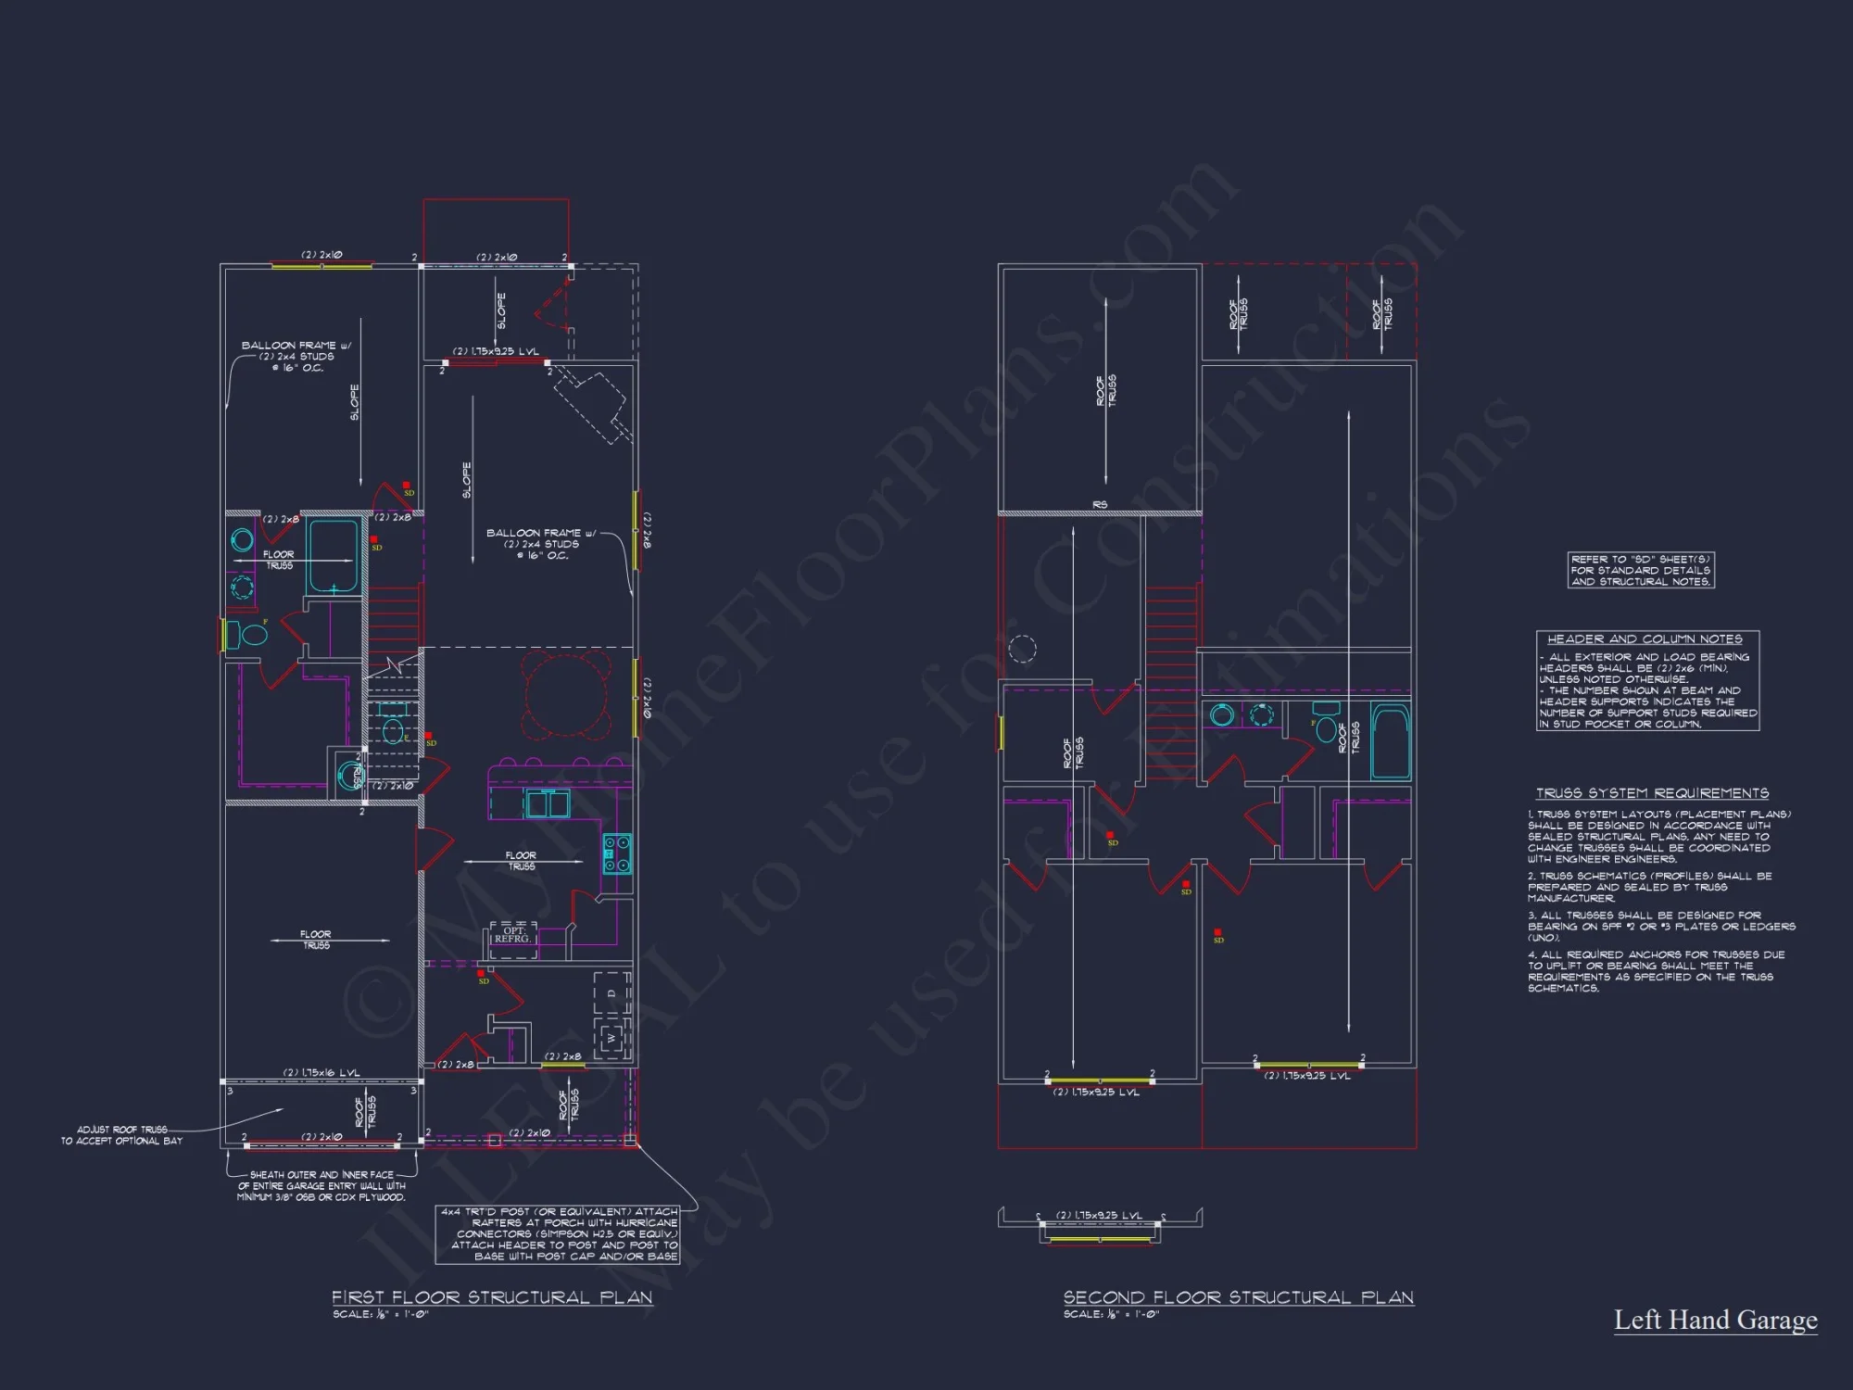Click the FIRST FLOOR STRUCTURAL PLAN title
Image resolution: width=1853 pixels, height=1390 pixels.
(x=492, y=1297)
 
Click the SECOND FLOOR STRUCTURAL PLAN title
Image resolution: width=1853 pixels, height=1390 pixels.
(x=1238, y=1297)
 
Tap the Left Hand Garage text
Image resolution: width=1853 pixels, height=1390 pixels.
(x=1715, y=1320)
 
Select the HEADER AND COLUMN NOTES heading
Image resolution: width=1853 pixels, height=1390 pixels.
(x=1645, y=639)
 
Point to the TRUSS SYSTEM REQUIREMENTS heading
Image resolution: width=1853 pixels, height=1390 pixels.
(x=1652, y=793)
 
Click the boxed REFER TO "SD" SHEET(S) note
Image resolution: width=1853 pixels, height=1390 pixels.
(x=1640, y=570)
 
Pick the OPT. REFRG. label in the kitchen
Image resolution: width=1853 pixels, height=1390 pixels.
(x=512, y=935)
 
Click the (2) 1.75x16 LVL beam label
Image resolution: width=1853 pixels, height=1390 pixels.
(x=321, y=1073)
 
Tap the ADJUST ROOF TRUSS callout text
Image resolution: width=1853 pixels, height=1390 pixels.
(x=122, y=1135)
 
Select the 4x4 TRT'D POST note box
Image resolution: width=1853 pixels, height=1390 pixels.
(x=559, y=1233)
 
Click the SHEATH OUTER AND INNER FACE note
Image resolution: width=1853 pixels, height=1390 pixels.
(x=321, y=1186)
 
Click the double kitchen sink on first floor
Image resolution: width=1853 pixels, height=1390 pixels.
(x=548, y=804)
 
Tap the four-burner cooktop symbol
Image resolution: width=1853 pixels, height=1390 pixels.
(x=617, y=853)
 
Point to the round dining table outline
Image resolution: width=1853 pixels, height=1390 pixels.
(x=566, y=694)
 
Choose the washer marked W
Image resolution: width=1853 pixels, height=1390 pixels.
(x=611, y=1038)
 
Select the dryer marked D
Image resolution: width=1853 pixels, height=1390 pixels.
(x=611, y=994)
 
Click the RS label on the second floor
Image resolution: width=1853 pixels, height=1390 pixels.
(x=1100, y=505)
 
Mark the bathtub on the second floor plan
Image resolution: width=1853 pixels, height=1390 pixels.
(x=1390, y=741)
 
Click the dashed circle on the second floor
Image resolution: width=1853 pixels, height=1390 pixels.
(x=1022, y=649)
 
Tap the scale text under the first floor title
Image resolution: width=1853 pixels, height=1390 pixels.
(x=380, y=1315)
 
